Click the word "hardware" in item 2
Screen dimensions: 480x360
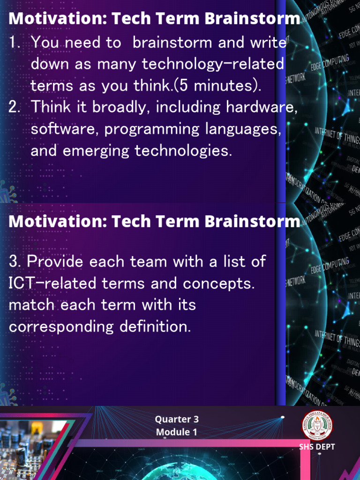tap(261, 107)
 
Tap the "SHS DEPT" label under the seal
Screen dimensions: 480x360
tap(317, 447)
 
